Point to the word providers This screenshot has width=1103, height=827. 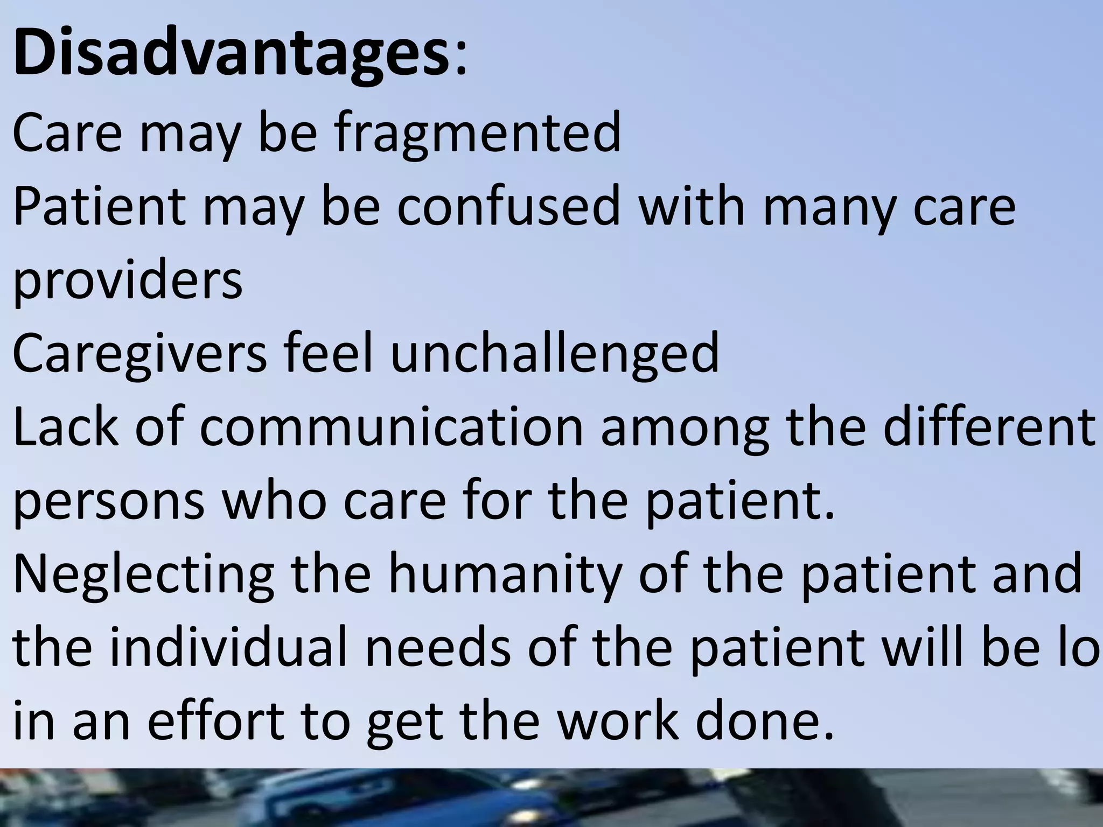(x=128, y=281)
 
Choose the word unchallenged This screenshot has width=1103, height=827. (x=555, y=353)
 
